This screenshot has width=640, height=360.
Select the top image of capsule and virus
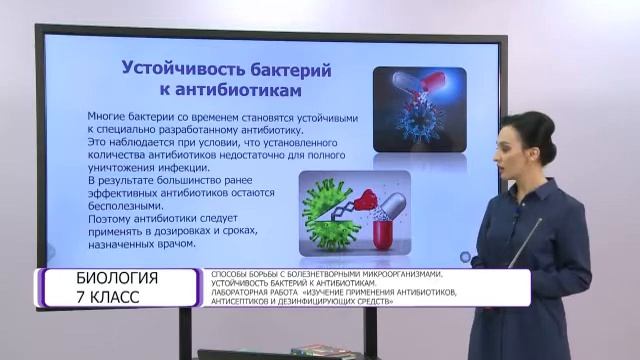tap(420, 108)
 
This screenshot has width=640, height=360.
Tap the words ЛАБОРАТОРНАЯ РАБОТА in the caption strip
tap(243, 292)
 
